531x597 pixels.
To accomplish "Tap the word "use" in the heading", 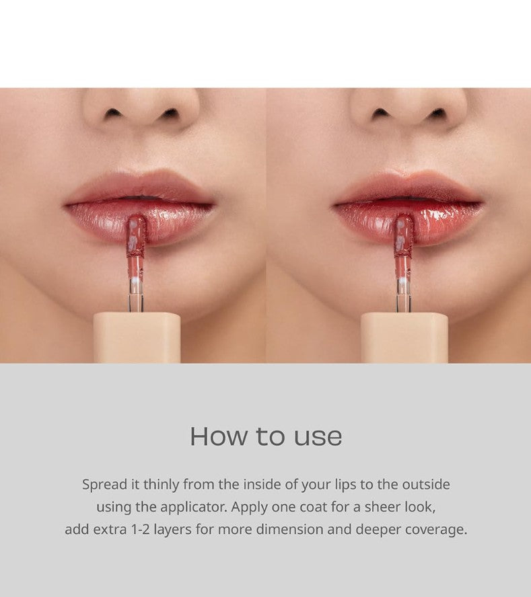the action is tap(318, 438).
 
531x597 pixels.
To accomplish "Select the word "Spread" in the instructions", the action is tap(105, 485).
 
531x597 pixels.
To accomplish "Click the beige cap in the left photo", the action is tap(137, 337).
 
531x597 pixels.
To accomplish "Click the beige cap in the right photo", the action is tap(404, 337).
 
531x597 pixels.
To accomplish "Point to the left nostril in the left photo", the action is tap(113, 113).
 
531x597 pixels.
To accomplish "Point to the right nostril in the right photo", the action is tap(437, 113).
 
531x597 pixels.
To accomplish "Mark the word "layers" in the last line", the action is tap(172, 530).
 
